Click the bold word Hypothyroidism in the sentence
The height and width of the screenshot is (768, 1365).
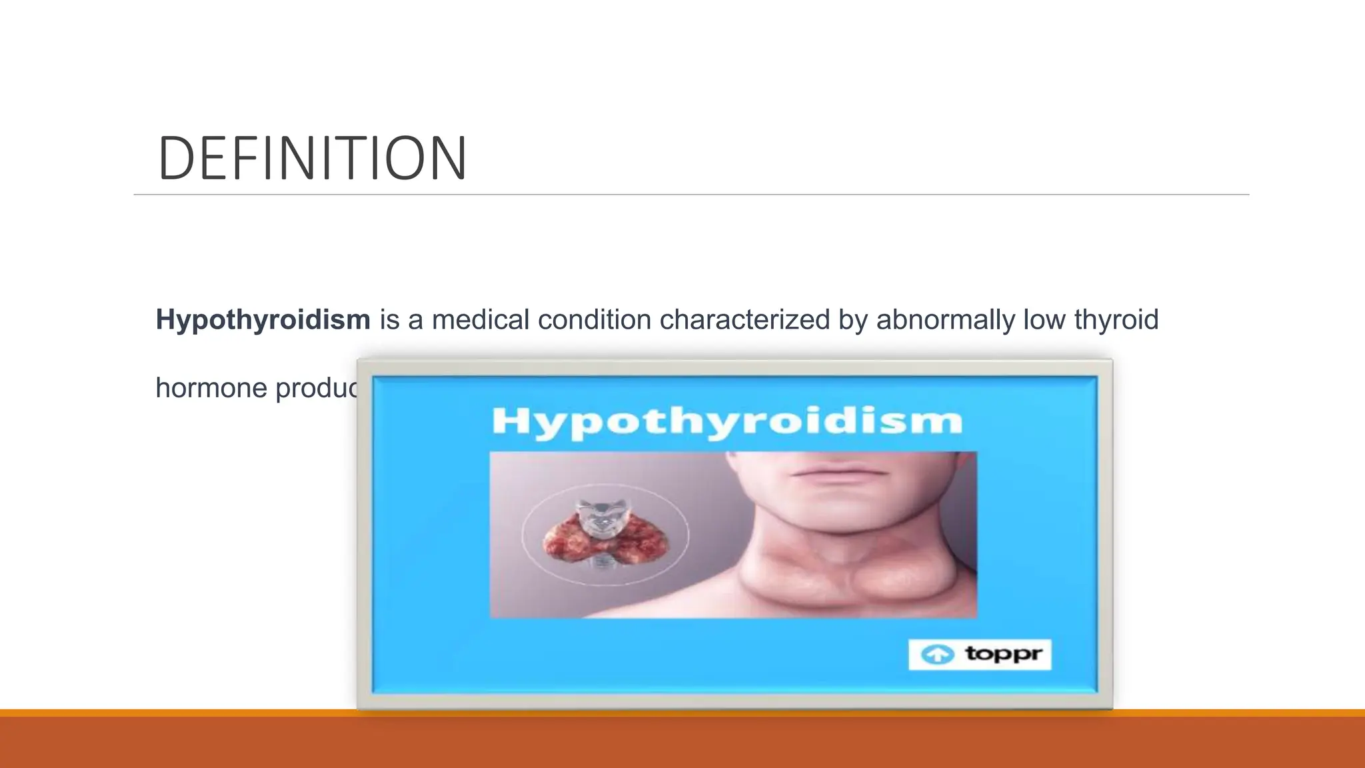(263, 320)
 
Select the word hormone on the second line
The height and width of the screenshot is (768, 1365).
(211, 388)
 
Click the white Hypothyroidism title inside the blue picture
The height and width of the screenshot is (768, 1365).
(726, 421)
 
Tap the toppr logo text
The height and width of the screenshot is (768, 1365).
(1003, 653)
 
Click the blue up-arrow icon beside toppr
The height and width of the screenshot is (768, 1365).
(937, 655)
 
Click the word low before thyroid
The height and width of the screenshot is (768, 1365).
(1044, 320)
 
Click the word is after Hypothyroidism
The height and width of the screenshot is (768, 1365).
(389, 320)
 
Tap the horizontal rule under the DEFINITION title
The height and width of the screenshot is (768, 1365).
(691, 195)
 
